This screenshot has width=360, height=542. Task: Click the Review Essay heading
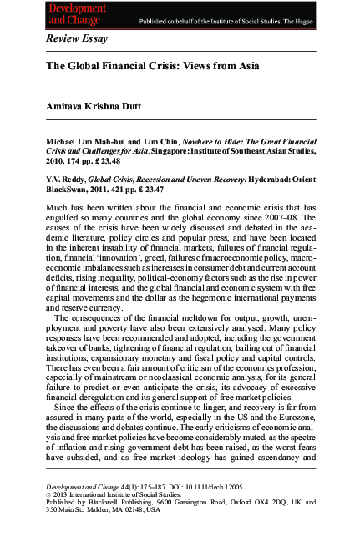75,39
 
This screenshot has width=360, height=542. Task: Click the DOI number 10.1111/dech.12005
204,489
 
